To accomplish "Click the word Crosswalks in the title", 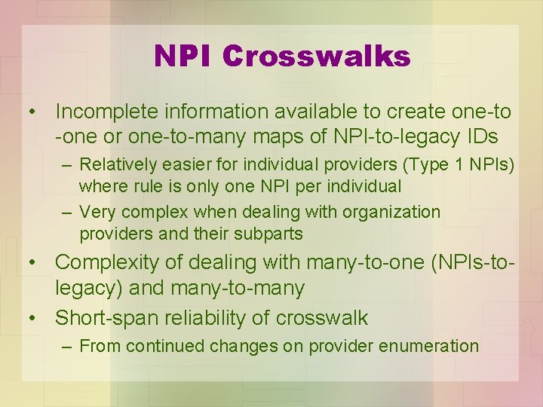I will pos(317,56).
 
